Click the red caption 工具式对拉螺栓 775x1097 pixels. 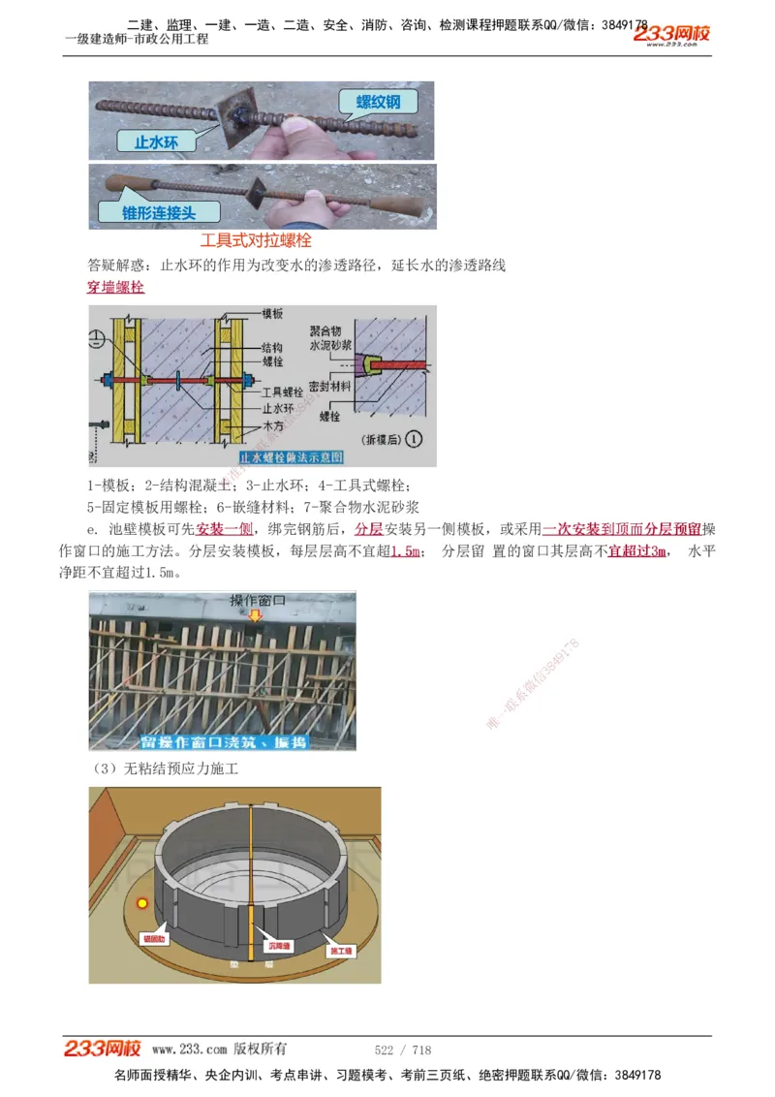pos(256,239)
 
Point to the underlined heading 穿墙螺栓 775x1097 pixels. pos(115,287)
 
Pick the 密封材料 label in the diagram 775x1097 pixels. pos(330,385)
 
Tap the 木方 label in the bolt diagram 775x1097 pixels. pos(272,426)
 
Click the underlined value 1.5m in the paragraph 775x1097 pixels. pos(405,551)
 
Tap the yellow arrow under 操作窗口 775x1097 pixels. pos(255,615)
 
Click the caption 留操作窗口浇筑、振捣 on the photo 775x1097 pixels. pos(223,741)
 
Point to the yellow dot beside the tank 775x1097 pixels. pos(142,904)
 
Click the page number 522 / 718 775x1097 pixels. pos(402,1050)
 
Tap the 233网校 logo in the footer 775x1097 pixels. pos(103,1049)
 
